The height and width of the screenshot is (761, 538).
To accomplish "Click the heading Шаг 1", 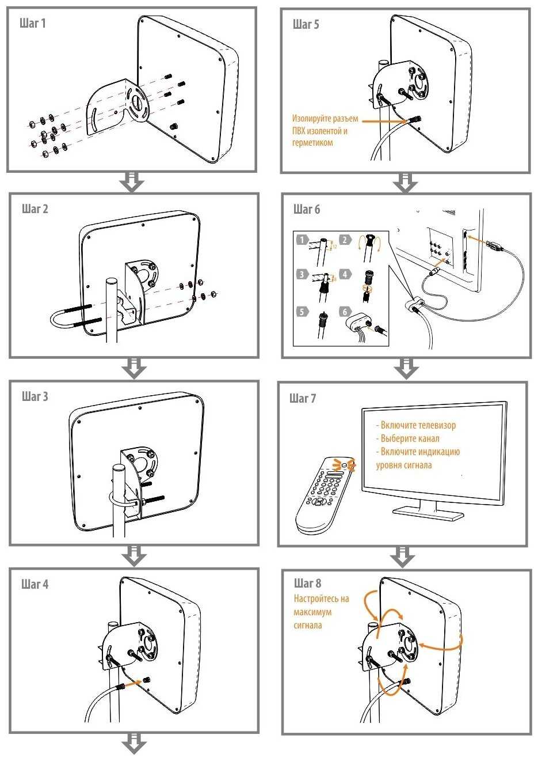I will [33, 24].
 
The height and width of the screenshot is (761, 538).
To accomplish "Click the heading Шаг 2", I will [35, 209].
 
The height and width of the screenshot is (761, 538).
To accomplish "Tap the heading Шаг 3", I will [35, 396].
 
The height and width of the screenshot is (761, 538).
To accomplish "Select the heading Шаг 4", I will [35, 584].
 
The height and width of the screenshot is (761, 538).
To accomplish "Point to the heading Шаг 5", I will [306, 24].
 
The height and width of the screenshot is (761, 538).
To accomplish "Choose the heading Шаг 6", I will [306, 209].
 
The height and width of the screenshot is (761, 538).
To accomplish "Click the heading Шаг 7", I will [303, 398].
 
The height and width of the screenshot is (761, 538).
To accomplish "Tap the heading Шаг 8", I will [308, 583].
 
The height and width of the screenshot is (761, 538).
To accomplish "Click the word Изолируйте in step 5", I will [310, 119].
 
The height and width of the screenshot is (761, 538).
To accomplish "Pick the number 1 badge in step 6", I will [302, 240].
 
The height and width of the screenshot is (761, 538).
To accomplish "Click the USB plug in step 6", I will [493, 246].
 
